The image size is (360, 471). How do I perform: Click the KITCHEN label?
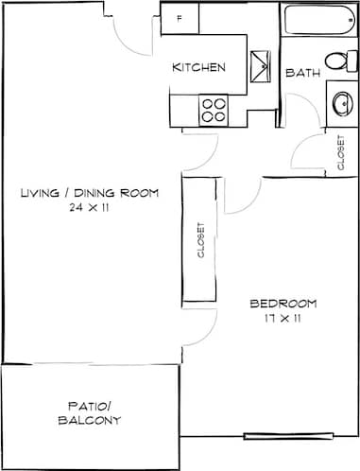pos(197,67)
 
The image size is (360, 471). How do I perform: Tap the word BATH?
pos(302,73)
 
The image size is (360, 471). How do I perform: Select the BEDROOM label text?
pos(283,304)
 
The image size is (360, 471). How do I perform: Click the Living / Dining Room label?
pos(89,193)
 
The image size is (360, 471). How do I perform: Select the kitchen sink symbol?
pos(260,67)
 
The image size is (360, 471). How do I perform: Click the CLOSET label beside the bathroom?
pos(340,152)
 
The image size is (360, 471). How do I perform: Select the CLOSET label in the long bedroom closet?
pos(199,240)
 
